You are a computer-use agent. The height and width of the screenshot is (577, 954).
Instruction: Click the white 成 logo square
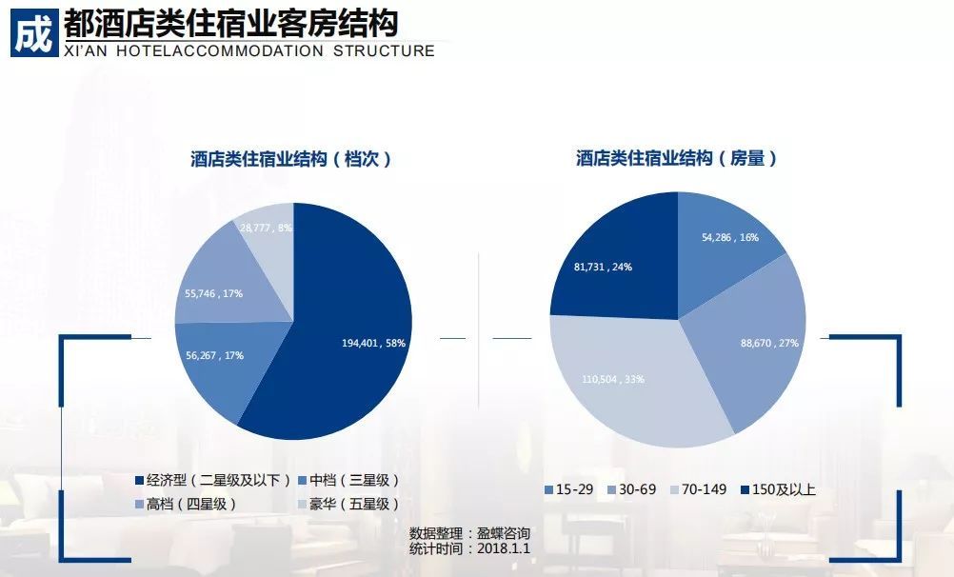(x=32, y=32)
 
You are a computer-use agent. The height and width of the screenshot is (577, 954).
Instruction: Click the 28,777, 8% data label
(x=266, y=228)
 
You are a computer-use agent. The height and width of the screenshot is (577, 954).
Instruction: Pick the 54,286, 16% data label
(x=730, y=237)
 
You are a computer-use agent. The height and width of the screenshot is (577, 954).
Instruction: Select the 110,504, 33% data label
(x=613, y=379)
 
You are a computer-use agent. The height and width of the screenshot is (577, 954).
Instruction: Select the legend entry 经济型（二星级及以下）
(x=211, y=480)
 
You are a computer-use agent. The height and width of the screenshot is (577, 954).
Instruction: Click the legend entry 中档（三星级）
(x=348, y=480)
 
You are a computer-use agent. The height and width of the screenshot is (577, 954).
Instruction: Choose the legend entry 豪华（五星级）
(x=348, y=504)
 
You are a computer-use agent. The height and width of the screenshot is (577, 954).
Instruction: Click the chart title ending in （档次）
(x=291, y=159)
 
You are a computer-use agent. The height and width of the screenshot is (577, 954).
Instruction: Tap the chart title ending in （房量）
(x=677, y=159)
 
